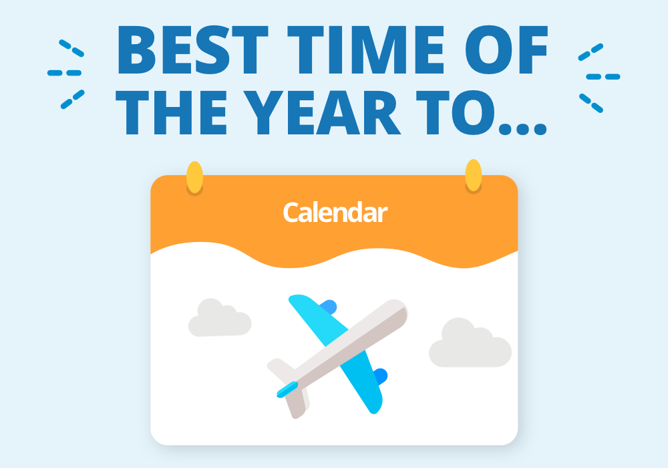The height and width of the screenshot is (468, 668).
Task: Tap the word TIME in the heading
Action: [365, 49]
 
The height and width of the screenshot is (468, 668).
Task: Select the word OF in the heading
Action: [506, 49]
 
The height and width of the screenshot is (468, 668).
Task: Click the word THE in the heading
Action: [170, 112]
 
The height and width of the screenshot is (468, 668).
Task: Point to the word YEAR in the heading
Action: [323, 112]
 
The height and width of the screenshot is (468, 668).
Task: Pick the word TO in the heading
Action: [455, 112]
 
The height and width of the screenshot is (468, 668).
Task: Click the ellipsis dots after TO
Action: [522, 129]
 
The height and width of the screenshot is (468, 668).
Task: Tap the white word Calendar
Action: [335, 212]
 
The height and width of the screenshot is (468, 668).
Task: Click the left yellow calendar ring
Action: [194, 177]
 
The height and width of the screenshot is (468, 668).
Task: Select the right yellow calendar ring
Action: [474, 175]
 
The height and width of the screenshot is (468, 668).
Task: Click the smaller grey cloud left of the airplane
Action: [220, 318]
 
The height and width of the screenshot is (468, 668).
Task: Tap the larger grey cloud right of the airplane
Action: [470, 343]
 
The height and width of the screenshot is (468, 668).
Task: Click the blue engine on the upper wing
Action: [330, 306]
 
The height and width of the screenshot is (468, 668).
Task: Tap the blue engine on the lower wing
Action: [381, 376]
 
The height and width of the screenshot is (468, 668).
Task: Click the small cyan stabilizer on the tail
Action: [287, 389]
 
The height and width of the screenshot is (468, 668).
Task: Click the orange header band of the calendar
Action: [334, 213]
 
